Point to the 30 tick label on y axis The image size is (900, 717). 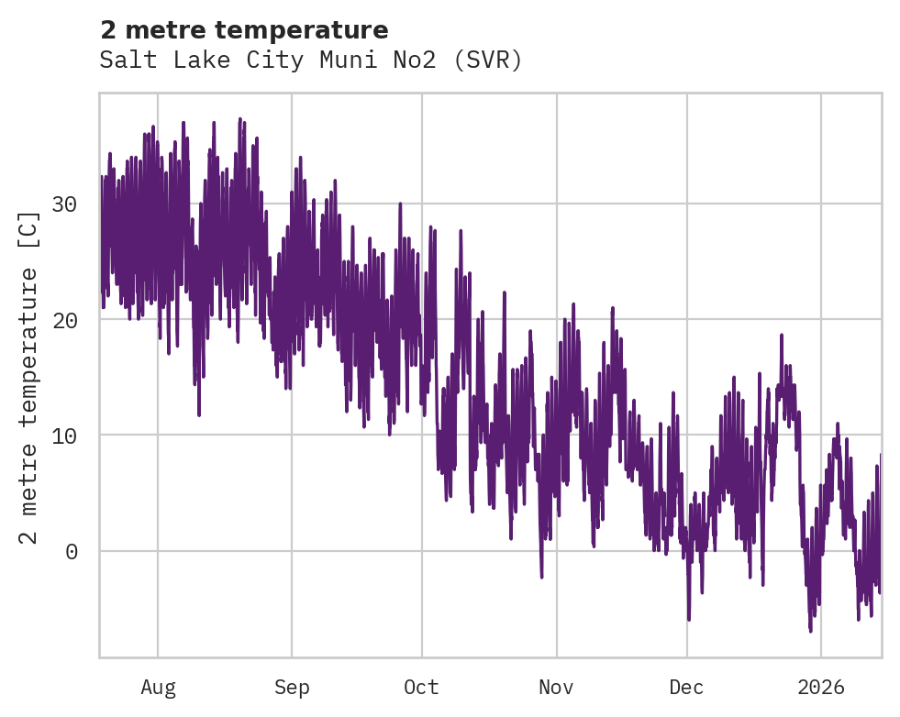(63, 204)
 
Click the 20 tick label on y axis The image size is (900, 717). (63, 320)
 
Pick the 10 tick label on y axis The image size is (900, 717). (63, 436)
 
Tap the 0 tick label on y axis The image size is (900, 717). (70, 551)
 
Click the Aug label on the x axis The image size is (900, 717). (158, 687)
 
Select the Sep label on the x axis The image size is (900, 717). (292, 687)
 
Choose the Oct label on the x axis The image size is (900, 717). (421, 687)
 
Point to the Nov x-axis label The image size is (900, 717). (556, 687)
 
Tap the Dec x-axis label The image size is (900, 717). (686, 687)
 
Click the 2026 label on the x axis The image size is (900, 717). (820, 687)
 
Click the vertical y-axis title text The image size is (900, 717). (29, 377)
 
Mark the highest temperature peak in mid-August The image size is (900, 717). (239, 119)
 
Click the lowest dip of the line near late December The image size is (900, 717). (810, 631)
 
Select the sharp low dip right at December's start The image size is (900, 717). (688, 620)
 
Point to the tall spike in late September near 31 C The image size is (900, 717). (400, 203)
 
